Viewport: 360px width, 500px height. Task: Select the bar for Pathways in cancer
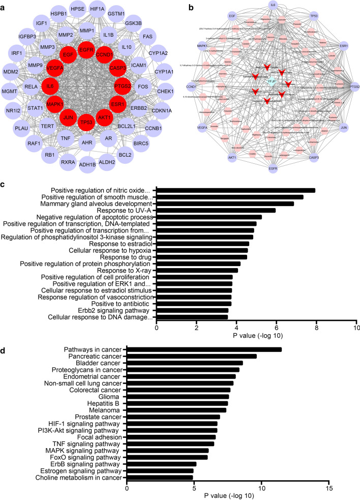pyautogui.click(x=204, y=349)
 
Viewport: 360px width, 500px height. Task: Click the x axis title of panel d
pyautogui.click(x=227, y=494)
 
